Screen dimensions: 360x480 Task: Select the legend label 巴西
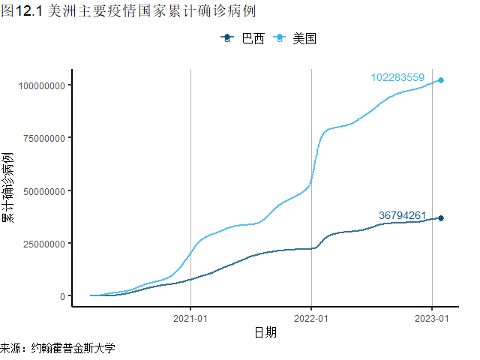pos(253,38)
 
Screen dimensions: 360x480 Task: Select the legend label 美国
pos(304,38)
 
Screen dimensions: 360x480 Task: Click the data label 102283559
pos(397,77)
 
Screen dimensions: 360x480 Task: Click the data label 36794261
pos(403,215)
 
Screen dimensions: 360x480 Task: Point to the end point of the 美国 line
pos(441,79)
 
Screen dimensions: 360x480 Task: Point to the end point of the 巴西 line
pos(441,218)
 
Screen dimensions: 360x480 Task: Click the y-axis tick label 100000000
pos(41,85)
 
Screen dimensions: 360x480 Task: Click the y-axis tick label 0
pos(63,296)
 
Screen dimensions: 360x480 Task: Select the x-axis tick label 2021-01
pos(190,317)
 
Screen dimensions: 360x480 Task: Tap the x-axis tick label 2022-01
pos(311,317)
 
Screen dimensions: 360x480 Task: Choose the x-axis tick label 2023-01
pos(432,317)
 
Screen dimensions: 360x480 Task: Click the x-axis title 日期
pos(265,332)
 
